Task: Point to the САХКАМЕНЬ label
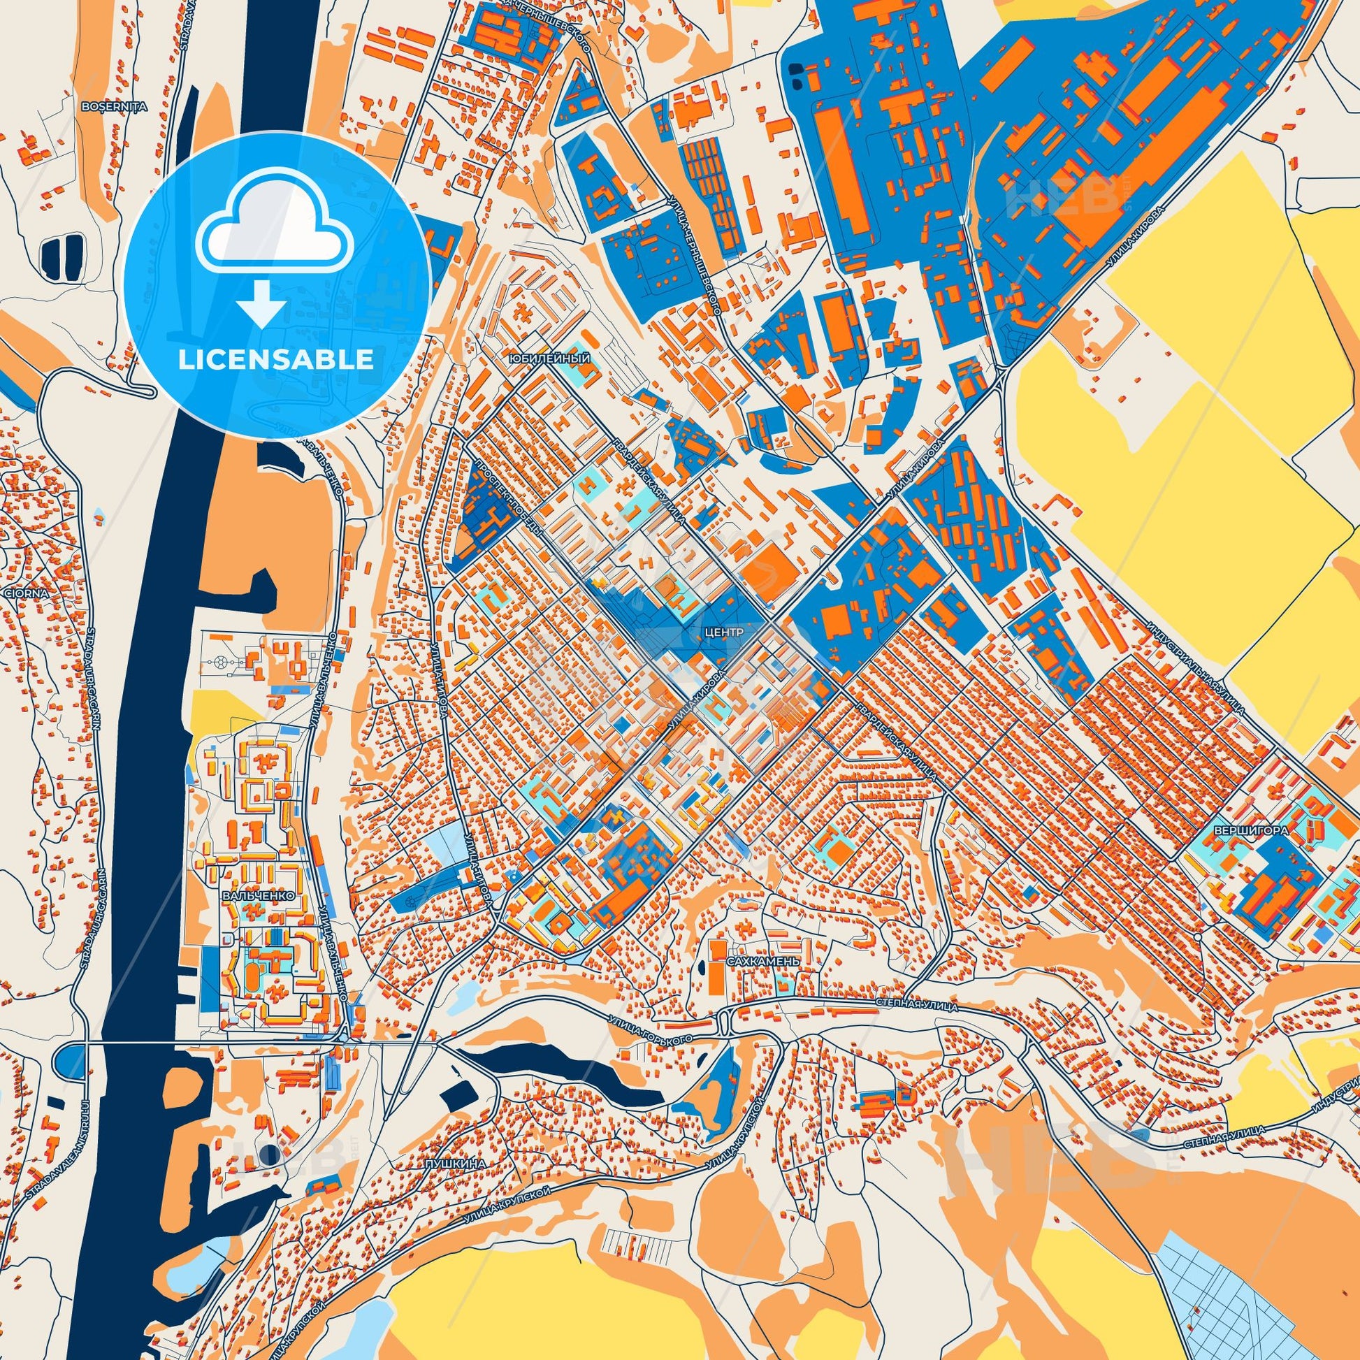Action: click(754, 961)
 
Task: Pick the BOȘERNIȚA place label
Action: click(114, 107)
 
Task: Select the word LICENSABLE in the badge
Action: click(275, 361)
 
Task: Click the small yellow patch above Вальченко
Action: click(215, 711)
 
